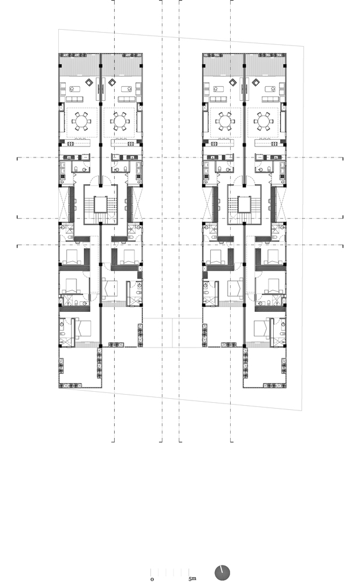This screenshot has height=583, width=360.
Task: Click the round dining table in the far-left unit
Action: click(x=80, y=122)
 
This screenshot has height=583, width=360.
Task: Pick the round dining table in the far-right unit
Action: click(x=264, y=122)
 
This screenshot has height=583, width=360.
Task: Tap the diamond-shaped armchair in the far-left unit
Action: click(x=89, y=82)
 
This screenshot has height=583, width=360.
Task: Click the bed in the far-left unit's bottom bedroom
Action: click(x=82, y=329)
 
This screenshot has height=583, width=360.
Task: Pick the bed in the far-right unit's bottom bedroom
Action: click(x=263, y=329)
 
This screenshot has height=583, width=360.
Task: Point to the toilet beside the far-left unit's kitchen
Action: click(x=76, y=168)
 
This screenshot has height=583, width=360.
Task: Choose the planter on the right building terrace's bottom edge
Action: click(x=273, y=385)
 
